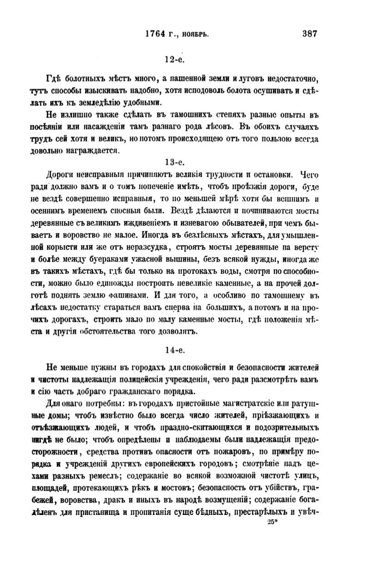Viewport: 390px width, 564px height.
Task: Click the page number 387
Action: pos(310,34)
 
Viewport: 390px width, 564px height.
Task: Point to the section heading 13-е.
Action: pos(175,162)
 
